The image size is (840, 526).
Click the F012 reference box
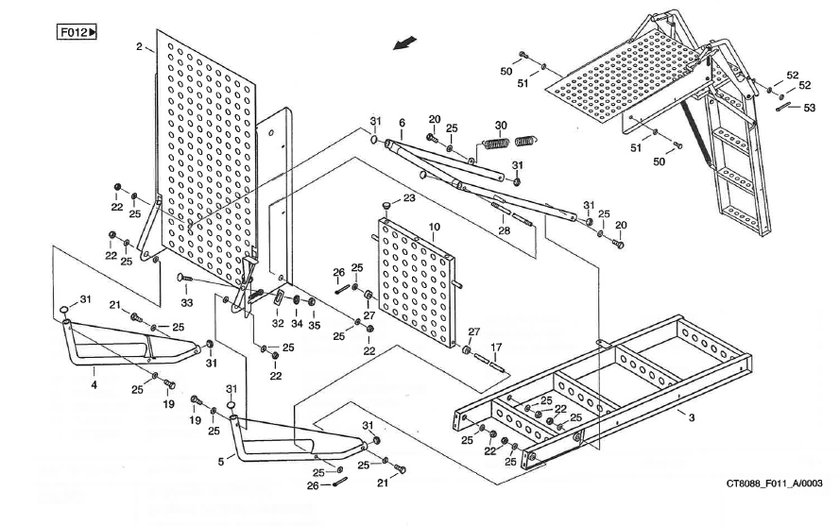[78, 33]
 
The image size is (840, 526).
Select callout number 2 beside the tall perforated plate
[140, 46]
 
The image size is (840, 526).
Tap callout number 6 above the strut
[401, 123]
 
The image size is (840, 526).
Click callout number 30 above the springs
[501, 126]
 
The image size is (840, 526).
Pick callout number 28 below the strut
[504, 229]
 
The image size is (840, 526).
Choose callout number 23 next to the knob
[408, 198]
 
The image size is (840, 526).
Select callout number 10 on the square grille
[434, 228]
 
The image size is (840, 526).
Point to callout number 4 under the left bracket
[94, 384]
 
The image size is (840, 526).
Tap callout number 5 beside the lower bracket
[222, 461]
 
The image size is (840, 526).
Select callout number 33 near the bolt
[187, 302]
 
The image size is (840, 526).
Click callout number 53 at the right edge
[809, 108]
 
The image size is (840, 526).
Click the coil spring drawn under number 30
[511, 143]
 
